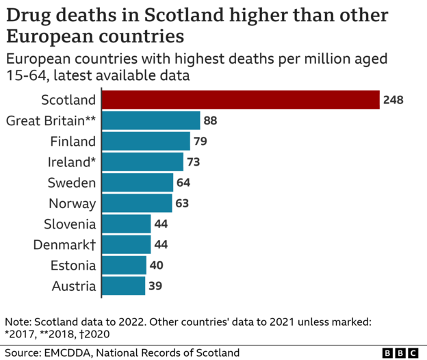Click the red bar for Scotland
(240, 100)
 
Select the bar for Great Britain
(151, 121)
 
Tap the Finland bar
(146, 142)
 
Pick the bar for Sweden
(138, 183)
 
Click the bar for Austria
(123, 285)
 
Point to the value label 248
(393, 101)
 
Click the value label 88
(210, 121)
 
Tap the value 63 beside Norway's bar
(181, 203)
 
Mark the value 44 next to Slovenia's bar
(161, 224)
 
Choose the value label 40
(156, 265)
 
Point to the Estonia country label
(73, 265)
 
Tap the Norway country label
(72, 203)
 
